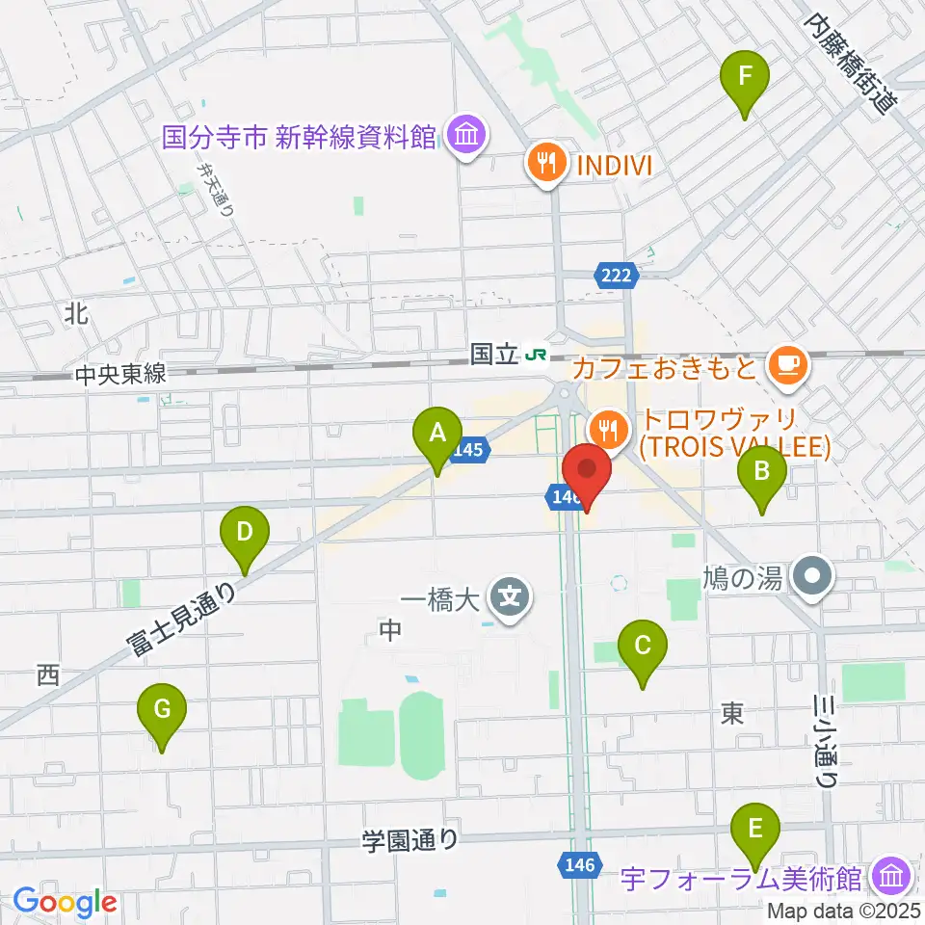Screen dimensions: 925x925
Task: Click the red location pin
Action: point(587,470)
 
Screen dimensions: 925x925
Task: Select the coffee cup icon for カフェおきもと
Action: point(788,364)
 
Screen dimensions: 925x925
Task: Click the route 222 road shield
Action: point(617,277)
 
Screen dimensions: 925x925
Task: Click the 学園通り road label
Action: point(410,840)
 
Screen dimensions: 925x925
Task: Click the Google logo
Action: point(65,902)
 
